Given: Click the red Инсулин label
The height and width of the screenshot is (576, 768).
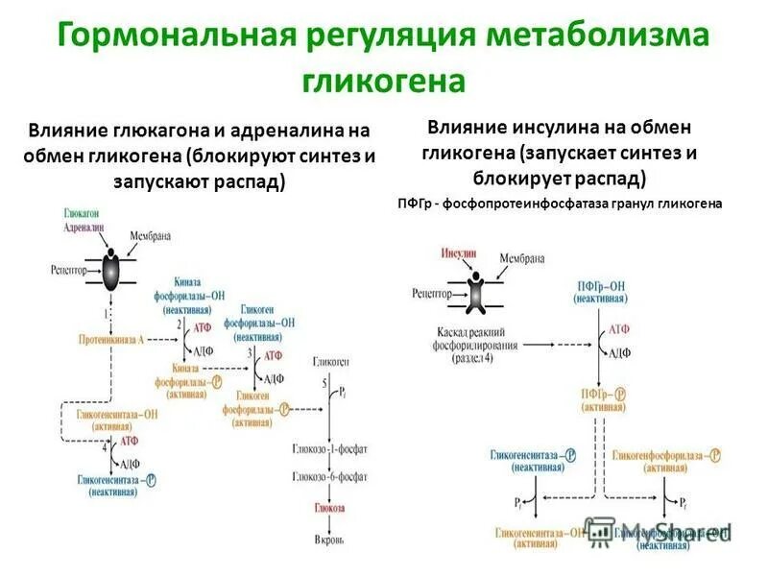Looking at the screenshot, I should pyautogui.click(x=459, y=254).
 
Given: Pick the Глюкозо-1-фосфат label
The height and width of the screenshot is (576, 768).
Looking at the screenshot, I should pyautogui.click(x=330, y=449).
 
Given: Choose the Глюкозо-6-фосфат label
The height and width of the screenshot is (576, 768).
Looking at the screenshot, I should pyautogui.click(x=330, y=476).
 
